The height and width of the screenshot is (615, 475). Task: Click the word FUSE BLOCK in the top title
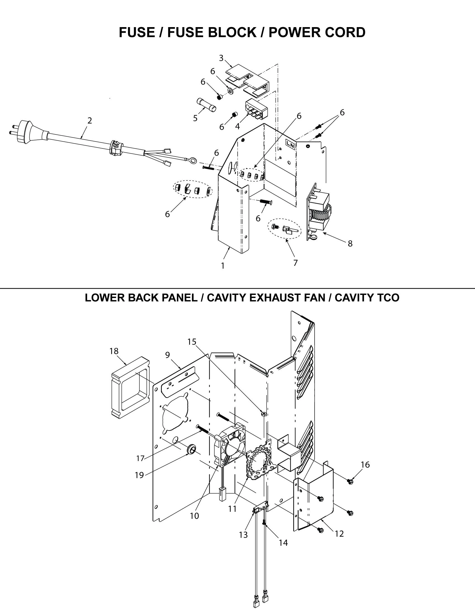212,32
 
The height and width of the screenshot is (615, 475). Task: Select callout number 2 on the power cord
89,120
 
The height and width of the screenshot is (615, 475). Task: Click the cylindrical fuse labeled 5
206,105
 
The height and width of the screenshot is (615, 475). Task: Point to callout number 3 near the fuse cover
221,58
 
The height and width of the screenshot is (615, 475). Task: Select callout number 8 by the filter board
350,243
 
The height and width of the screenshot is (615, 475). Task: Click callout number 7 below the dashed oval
295,263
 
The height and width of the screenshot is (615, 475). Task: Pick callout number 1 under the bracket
223,266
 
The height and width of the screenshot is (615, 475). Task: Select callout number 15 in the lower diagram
192,342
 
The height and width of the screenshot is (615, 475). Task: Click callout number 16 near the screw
365,465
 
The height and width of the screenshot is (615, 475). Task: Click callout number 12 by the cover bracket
339,534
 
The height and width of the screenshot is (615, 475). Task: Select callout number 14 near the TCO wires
283,543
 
